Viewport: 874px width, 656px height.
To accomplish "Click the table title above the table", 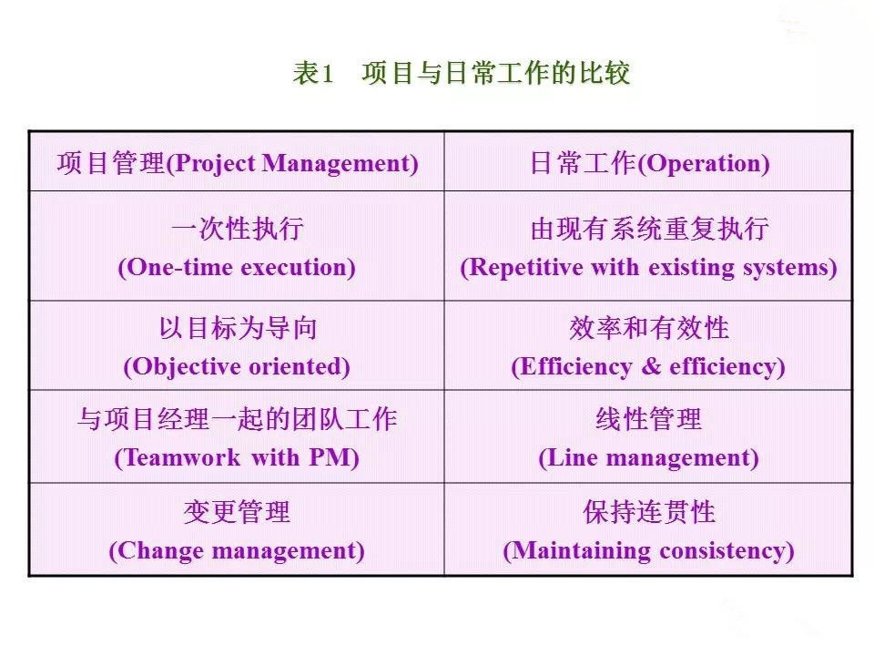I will [461, 74].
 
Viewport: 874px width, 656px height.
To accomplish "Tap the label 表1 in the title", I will [314, 74].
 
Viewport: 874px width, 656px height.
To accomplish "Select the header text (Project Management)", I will [293, 164].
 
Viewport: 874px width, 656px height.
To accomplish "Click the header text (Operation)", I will [704, 164].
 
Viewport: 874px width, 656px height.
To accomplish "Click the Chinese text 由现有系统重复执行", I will [649, 229].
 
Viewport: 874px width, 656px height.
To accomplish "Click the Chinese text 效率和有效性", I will [649, 328].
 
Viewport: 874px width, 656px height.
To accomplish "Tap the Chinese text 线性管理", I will [649, 419].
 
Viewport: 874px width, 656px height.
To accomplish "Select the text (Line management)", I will [649, 457].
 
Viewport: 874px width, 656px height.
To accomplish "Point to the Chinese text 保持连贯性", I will [649, 512].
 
